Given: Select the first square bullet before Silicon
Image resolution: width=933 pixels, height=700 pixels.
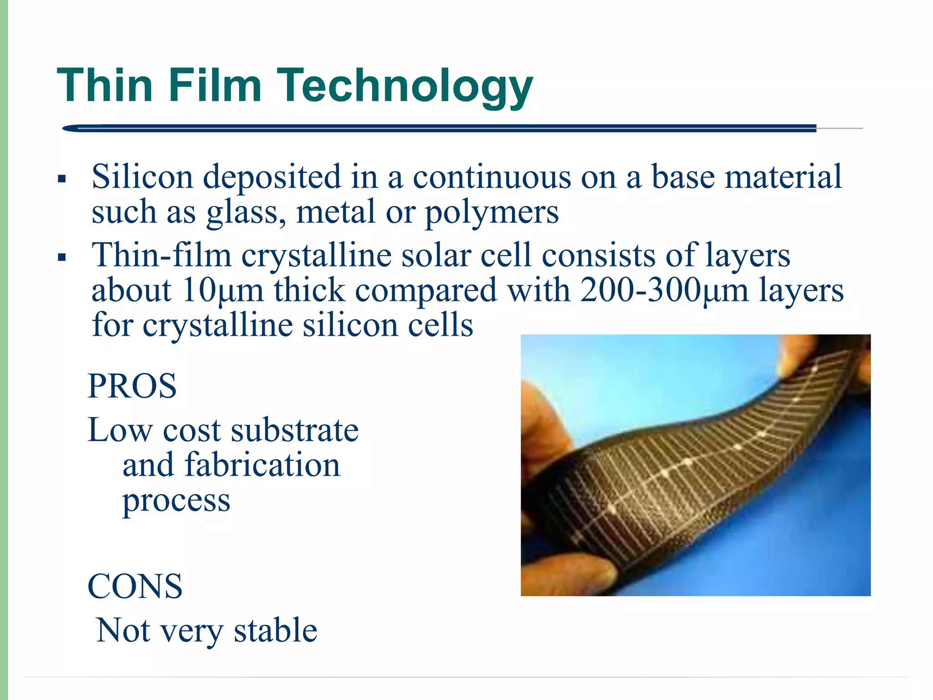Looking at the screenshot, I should coord(62,179).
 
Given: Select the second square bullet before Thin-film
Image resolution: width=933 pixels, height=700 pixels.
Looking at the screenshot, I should coord(62,257).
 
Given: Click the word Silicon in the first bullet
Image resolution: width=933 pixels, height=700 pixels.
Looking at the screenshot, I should coord(142,177).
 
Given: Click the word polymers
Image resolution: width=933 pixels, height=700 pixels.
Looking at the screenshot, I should coord(492,212).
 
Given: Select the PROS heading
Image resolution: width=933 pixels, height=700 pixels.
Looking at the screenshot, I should coord(132,386).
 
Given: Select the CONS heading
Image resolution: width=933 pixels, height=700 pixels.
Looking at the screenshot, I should coord(135,587).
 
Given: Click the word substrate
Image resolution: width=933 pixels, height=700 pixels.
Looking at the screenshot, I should coord(295,430).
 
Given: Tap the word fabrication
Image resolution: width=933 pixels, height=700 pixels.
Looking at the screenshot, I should coord(262,465).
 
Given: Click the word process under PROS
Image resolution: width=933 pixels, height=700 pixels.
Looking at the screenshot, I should coord(176,500).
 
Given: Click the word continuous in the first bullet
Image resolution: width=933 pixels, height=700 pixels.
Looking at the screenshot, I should coord(492,177).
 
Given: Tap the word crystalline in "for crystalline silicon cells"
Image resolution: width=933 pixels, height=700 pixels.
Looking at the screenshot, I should coord(218,325).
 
